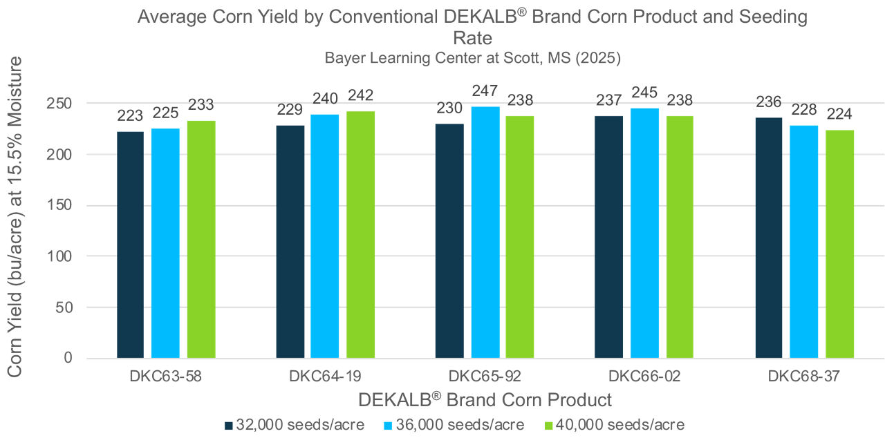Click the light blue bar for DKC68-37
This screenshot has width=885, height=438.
click(x=804, y=242)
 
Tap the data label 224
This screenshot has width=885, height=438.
click(x=839, y=115)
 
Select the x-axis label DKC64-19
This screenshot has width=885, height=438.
click(x=325, y=377)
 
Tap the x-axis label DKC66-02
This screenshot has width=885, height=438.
click(x=644, y=377)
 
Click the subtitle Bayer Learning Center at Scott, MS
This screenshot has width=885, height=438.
click(x=473, y=58)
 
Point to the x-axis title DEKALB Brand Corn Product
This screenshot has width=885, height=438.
click(x=485, y=399)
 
